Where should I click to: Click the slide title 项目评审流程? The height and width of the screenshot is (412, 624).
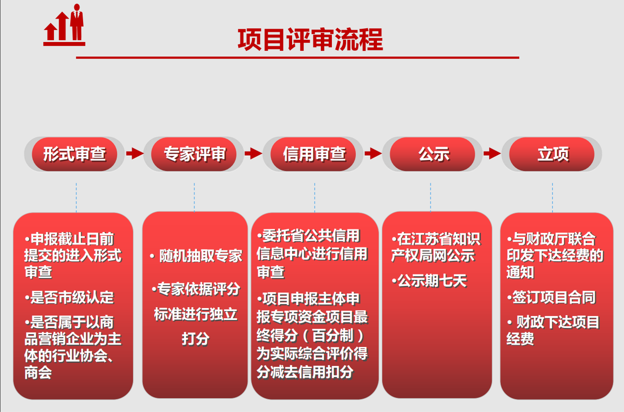click(x=310, y=39)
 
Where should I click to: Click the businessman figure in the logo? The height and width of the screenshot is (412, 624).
click(x=77, y=22)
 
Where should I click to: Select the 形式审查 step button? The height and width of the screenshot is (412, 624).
click(x=75, y=154)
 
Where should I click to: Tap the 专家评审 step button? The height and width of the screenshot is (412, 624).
click(x=194, y=154)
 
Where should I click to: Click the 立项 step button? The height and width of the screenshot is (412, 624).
click(x=552, y=154)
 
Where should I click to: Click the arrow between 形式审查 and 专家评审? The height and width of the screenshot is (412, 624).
click(x=135, y=153)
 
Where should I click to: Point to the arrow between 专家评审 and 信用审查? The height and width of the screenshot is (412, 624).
click(x=253, y=153)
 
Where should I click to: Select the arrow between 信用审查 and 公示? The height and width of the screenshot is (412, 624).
click(x=373, y=153)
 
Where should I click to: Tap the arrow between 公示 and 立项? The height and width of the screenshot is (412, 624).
click(x=492, y=153)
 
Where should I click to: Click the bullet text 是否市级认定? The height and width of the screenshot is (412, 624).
click(x=70, y=297)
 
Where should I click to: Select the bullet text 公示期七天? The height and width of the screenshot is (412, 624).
click(x=429, y=280)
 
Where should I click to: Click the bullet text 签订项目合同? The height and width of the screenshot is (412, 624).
click(x=551, y=297)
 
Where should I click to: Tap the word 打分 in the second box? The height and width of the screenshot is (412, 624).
click(x=196, y=339)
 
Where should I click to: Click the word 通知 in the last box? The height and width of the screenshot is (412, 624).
click(x=520, y=272)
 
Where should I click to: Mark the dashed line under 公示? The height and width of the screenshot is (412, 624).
click(x=431, y=197)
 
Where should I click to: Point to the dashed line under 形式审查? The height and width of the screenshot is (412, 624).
click(x=76, y=197)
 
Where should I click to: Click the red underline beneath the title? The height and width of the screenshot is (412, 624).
click(x=298, y=58)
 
